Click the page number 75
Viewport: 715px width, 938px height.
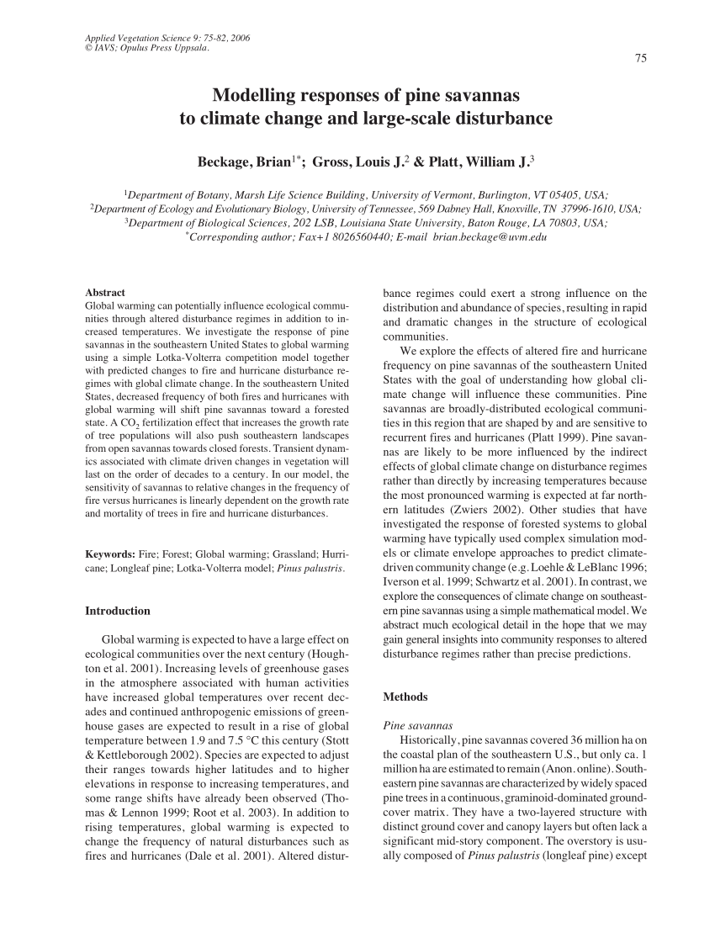(641, 59)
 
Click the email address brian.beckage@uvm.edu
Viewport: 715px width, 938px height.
(490, 238)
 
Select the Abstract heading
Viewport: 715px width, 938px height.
(105, 291)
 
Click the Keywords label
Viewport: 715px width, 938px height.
(111, 554)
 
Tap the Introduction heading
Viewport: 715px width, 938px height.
(119, 611)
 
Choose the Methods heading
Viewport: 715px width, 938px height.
(405, 697)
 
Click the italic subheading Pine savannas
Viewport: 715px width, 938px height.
(417, 724)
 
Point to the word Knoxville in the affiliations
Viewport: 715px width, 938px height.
(506, 208)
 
